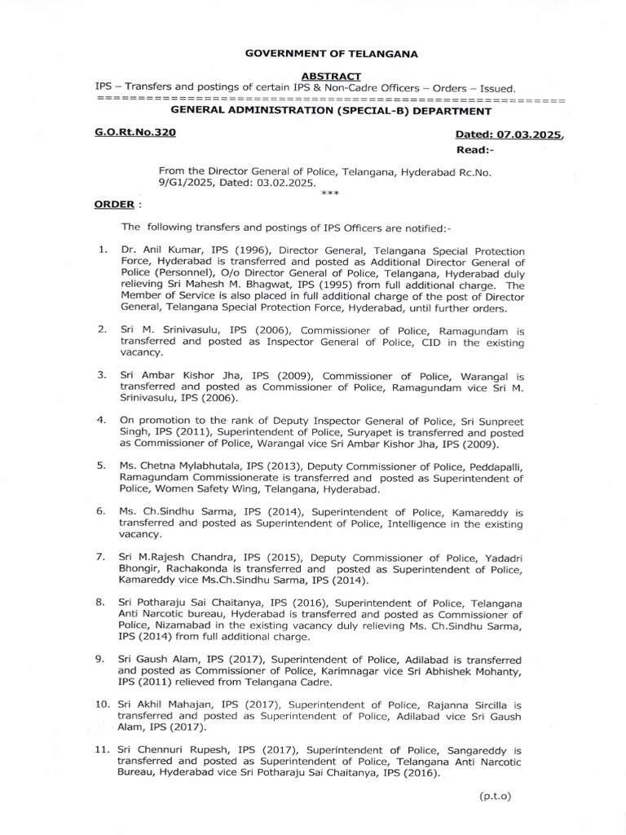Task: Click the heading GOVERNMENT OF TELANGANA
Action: (x=332, y=54)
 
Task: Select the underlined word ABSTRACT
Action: (x=330, y=77)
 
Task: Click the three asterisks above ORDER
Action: (x=330, y=194)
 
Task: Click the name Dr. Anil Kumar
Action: (x=158, y=250)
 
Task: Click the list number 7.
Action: (x=100, y=557)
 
